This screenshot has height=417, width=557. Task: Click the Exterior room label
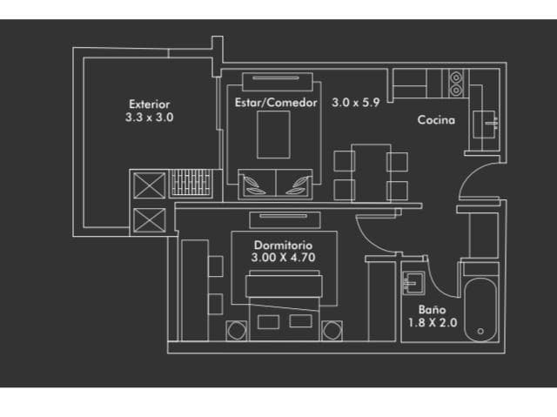pos(149,104)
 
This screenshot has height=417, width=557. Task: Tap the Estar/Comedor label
pos(276,103)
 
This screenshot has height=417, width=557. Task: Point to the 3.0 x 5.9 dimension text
pos(356,103)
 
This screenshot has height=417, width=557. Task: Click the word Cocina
pos(436,119)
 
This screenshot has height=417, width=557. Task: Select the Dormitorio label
pos(283,245)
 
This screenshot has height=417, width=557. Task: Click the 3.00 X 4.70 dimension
pos(283,258)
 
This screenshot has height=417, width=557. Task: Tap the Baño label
pos(432,309)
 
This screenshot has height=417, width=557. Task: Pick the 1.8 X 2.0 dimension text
pos(433,322)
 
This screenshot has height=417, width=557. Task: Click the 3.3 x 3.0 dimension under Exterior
pos(149,118)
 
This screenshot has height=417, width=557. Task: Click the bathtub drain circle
pos(480,331)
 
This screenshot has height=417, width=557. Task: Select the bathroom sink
pos(413,283)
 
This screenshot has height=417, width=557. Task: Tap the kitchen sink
pos(485,124)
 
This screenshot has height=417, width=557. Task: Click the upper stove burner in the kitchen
pos(456,77)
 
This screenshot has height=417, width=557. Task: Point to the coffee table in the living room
pos(273,135)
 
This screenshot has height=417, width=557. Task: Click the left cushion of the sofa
pos(258,185)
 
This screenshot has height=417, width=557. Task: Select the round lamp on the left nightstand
pos(237,331)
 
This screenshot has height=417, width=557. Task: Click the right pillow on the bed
pos(300,321)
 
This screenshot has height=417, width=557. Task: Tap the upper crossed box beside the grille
pos(150,185)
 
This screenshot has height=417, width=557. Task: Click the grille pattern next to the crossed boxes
pos(191,183)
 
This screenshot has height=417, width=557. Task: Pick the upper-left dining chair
pos(345,161)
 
